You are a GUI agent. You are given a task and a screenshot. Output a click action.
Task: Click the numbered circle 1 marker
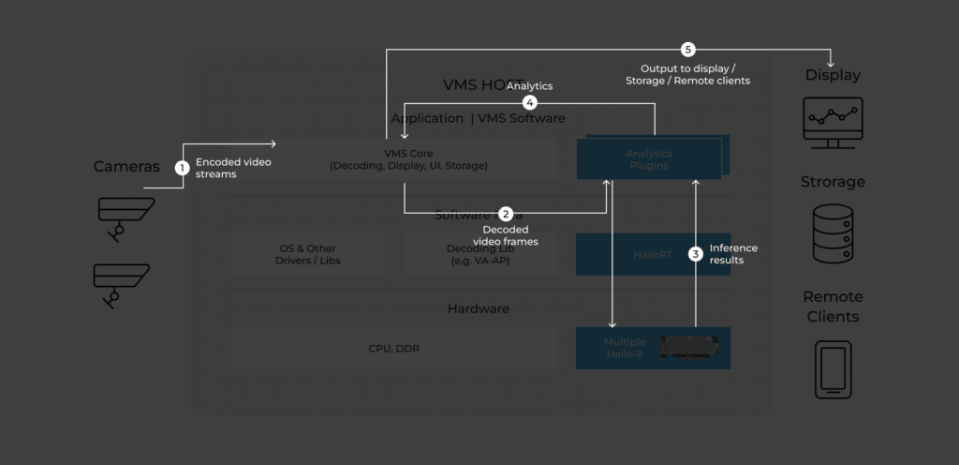(183, 168)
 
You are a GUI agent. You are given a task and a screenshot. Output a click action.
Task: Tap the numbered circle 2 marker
(506, 214)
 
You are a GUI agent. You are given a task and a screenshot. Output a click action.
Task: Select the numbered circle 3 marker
(695, 253)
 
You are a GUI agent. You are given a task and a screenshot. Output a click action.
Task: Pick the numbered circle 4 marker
(530, 101)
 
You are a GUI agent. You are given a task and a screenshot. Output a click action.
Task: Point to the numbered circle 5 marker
(688, 49)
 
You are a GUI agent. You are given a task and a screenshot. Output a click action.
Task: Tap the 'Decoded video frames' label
(506, 235)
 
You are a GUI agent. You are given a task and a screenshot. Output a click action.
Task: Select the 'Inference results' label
(733, 254)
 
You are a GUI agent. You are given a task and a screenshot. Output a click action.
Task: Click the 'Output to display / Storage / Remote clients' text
(687, 75)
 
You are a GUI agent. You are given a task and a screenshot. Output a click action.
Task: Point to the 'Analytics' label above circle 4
(529, 86)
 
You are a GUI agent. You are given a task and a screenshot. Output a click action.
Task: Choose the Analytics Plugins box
(649, 158)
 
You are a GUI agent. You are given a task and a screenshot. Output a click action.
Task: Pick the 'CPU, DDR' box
(393, 349)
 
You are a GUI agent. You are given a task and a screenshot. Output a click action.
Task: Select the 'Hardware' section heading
(478, 308)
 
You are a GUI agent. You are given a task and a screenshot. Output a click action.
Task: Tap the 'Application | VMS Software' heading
(478, 118)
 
